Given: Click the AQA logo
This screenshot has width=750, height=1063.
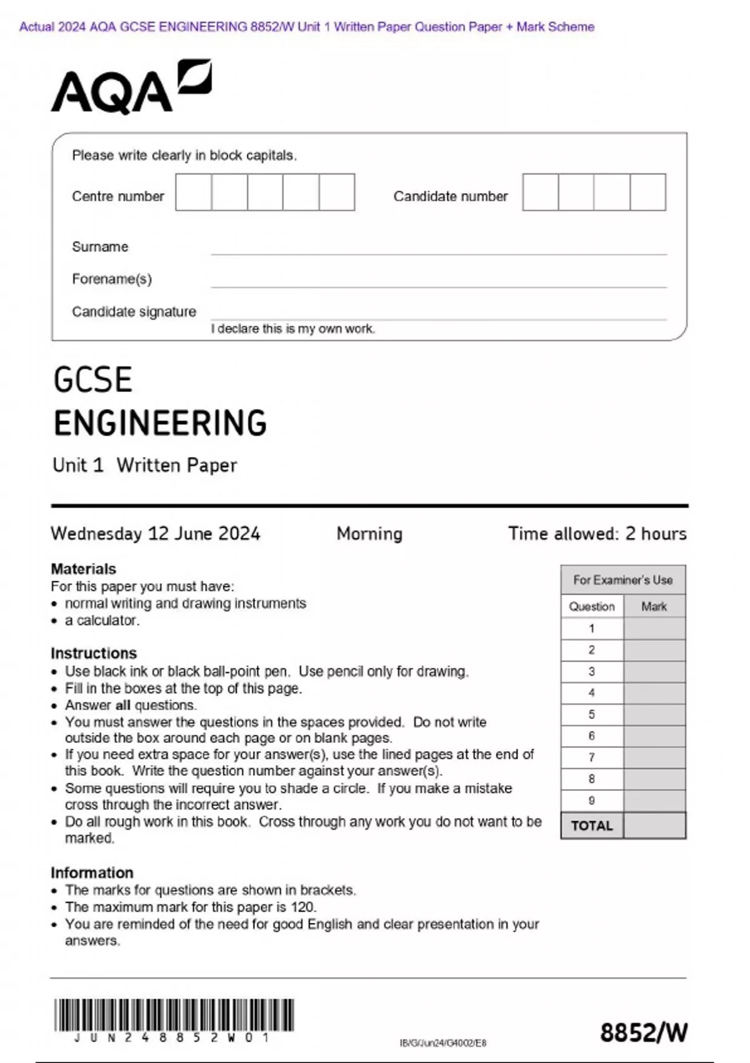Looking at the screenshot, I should (131, 88).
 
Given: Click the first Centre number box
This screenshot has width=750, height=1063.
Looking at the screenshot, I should (193, 192).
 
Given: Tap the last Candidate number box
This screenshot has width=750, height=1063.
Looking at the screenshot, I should (647, 192).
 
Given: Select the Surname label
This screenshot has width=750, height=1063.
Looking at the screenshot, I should (100, 247).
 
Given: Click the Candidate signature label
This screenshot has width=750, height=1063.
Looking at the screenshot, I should (134, 311).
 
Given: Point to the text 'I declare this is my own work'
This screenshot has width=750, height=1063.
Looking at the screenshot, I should (292, 329).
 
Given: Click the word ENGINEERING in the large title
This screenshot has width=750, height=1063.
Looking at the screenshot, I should (160, 423).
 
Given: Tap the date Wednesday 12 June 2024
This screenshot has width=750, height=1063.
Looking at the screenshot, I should (155, 533).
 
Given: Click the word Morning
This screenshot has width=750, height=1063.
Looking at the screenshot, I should (369, 533).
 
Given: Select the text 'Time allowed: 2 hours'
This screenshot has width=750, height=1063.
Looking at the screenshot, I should (597, 533).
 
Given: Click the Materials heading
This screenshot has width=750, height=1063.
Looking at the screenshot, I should (83, 569).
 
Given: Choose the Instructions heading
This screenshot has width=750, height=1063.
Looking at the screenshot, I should (94, 653).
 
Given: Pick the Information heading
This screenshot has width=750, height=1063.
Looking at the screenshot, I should (92, 873).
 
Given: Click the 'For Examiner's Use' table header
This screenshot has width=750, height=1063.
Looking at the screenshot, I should (622, 580).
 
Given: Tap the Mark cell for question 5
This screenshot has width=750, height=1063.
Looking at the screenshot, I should (654, 715).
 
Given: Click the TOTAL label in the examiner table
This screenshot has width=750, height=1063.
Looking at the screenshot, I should (591, 826).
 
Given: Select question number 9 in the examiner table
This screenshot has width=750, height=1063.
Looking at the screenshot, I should (591, 800).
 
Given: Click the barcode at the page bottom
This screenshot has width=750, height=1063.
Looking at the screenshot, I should (174, 1015).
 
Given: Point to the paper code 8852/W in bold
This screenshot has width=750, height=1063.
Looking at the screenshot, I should (643, 1032).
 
